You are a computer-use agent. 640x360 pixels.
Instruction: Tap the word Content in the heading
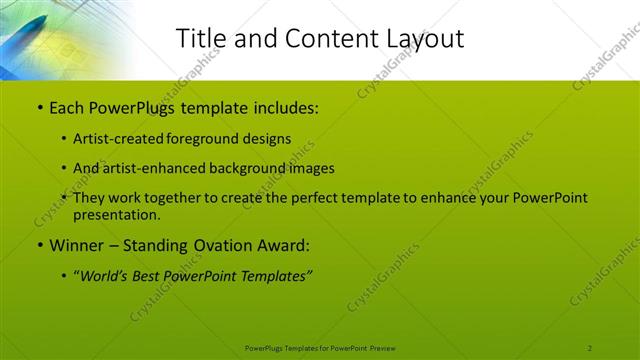[x=316, y=38]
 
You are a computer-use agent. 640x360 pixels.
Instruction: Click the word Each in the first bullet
[x=67, y=108]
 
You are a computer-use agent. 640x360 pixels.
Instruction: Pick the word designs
[x=267, y=139]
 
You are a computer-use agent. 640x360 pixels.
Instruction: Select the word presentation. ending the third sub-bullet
[x=116, y=215]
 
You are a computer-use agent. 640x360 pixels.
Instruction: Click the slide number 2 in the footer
[x=590, y=347]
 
